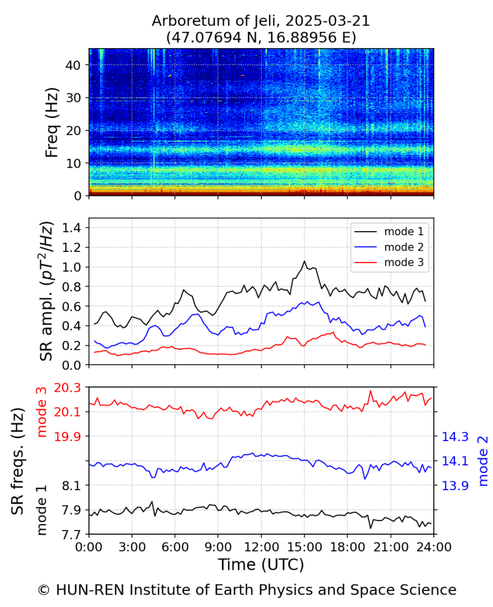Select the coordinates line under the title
(x=261, y=37)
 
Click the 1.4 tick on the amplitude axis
(x=72, y=228)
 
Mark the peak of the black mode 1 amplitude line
(x=305, y=261)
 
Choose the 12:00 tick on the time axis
(x=261, y=547)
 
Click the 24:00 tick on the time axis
(x=434, y=547)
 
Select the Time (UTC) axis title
(x=261, y=565)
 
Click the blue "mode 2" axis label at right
(x=484, y=461)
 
